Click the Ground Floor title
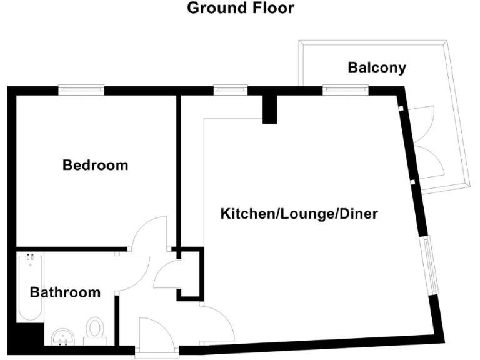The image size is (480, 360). pos(241,9)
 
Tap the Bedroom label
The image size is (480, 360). pos(96,166)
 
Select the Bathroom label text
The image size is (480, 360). pos(66,292)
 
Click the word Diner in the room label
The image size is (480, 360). pos(358,214)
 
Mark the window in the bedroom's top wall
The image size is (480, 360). pos(81,90)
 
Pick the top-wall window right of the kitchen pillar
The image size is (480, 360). pos(344,90)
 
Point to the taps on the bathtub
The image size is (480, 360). pos(29,258)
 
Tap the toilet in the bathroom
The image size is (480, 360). pos(95,329)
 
